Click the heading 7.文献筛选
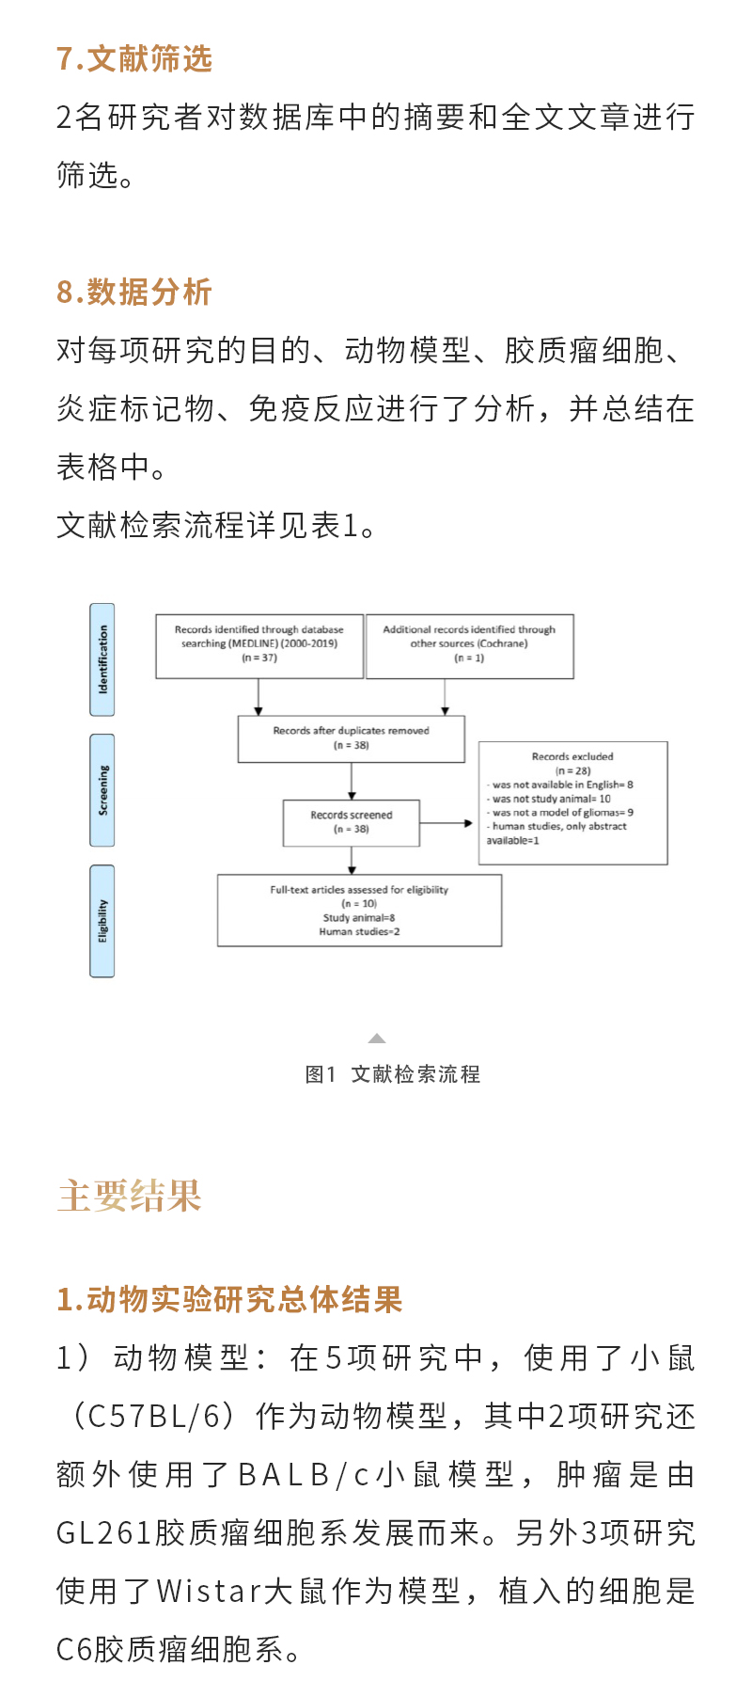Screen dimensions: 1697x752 (134, 58)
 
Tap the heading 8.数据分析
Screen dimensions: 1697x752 (134, 292)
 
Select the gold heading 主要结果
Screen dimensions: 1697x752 (130, 1196)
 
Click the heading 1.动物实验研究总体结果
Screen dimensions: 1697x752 (229, 1299)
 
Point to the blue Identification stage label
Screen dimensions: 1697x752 (102, 659)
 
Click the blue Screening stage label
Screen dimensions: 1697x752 (102, 790)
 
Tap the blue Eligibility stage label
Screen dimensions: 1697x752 (102, 921)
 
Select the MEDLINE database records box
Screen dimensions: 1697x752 (259, 646)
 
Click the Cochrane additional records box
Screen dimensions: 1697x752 (469, 646)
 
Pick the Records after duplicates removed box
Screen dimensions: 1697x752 (352, 738)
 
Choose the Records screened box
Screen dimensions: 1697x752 (352, 822)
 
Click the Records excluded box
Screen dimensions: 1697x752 (572, 802)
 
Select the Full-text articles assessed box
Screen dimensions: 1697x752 (359, 910)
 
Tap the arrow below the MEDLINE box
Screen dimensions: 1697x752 (258, 697)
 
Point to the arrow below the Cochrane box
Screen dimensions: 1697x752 (445, 697)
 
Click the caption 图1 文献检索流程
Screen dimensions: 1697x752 (392, 1074)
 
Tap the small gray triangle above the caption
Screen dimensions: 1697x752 (377, 1039)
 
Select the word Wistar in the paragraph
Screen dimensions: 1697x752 (209, 1591)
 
